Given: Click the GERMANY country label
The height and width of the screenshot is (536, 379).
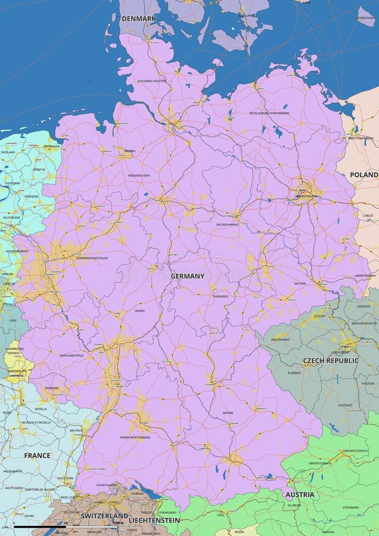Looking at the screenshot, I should pyautogui.click(x=187, y=276).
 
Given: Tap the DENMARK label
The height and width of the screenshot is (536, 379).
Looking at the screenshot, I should pyautogui.click(x=138, y=18).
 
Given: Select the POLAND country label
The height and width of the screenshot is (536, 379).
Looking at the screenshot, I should pyautogui.click(x=364, y=175).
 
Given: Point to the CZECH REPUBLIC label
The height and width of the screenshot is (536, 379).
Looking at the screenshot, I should pyautogui.click(x=331, y=361).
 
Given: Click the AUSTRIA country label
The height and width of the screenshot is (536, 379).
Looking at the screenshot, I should pyautogui.click(x=300, y=495).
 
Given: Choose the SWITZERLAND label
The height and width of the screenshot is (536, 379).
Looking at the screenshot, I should pyautogui.click(x=104, y=516).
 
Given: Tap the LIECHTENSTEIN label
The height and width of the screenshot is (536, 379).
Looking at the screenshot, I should pyautogui.click(x=154, y=521).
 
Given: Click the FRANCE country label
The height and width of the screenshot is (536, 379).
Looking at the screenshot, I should pyautogui.click(x=37, y=456).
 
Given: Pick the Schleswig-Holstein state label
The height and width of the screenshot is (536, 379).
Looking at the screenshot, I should pyautogui.click(x=151, y=81).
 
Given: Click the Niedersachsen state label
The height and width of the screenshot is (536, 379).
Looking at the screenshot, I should pyautogui.click(x=138, y=176).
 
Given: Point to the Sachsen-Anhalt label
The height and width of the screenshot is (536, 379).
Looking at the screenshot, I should pyautogui.click(x=227, y=225).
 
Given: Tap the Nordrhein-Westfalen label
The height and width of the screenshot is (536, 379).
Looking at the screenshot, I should pyautogui.click(x=92, y=258).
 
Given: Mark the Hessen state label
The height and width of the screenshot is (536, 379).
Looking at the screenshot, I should pyautogui.click(x=139, y=311).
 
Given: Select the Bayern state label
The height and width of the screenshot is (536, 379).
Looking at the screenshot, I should pyautogui.click(x=228, y=413).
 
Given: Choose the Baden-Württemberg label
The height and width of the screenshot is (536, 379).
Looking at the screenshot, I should pyautogui.click(x=135, y=438).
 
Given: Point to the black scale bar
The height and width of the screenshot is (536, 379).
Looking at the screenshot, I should pyautogui.click(x=39, y=527).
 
